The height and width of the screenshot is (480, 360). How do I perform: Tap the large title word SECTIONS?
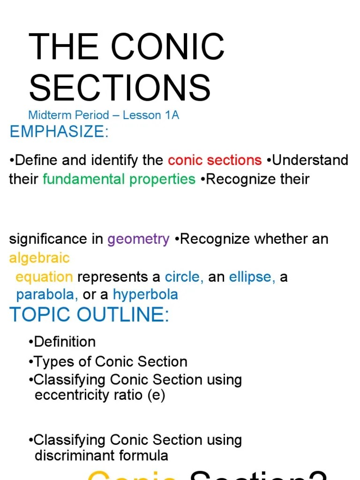[x=120, y=88]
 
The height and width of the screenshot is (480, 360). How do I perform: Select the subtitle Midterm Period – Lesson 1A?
[x=104, y=115]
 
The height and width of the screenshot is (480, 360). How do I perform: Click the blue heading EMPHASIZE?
[x=59, y=132]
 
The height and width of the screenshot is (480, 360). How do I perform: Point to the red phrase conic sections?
[x=215, y=160]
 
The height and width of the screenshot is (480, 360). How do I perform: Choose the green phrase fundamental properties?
[x=119, y=179]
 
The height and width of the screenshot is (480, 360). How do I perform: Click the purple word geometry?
[x=138, y=239]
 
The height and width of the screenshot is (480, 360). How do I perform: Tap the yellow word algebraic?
[x=39, y=258]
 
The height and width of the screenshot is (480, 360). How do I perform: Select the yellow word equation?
[x=44, y=277]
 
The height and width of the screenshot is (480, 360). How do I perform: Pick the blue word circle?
[x=184, y=277]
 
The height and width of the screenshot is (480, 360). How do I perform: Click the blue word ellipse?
[x=252, y=277]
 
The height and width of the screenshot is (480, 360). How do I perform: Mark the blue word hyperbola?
[x=145, y=295]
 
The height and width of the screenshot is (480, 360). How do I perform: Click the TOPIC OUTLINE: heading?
[x=89, y=315]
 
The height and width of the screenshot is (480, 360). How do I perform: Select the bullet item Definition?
[x=65, y=342]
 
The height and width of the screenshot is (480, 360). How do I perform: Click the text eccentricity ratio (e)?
[x=100, y=395]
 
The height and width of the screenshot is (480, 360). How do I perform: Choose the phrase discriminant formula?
[x=101, y=455]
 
